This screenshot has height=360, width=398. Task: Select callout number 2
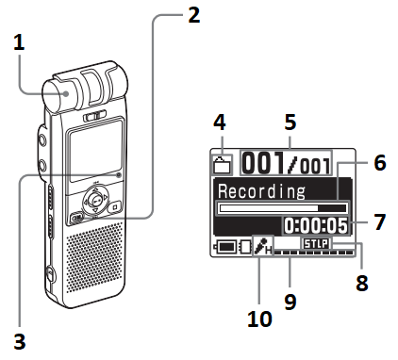[193, 17]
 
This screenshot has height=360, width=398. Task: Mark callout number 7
[378, 224]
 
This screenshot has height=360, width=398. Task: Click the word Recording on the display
[257, 191]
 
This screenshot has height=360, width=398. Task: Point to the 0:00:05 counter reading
[315, 225]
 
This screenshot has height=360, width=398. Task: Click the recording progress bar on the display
[281, 208]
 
